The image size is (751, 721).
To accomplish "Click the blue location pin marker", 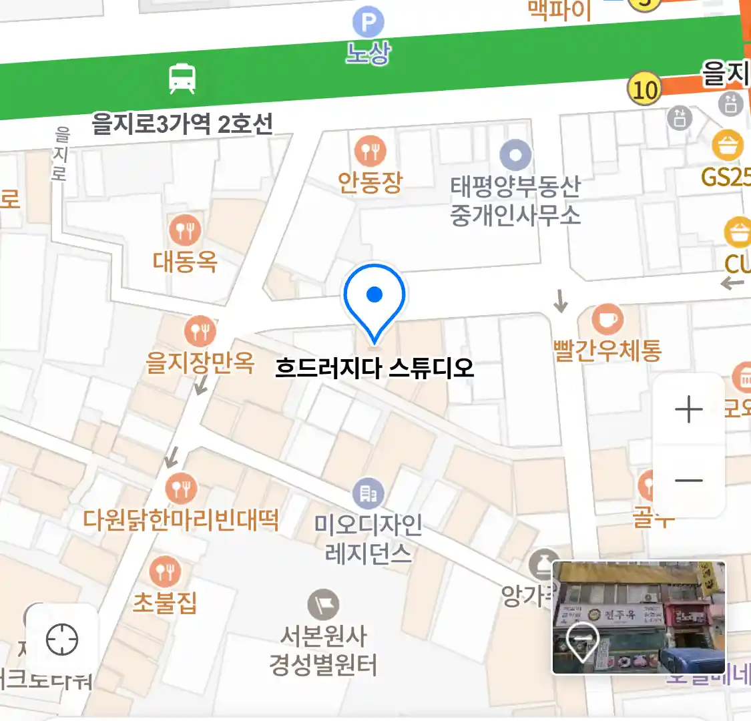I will tap(374, 298).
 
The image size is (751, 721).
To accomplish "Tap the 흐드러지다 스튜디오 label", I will tap(374, 368).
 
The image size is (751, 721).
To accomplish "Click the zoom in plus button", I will tap(688, 409).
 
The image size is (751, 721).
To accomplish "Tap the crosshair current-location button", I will tap(62, 640).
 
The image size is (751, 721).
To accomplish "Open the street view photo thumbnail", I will tap(639, 618).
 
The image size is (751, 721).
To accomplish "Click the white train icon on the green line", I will tap(182, 79).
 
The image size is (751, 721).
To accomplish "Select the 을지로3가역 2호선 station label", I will tap(182, 124).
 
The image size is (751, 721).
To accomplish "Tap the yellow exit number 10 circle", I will tap(644, 89).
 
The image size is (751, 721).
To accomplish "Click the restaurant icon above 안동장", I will tap(370, 152).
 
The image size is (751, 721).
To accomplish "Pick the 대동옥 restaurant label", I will tap(185, 261).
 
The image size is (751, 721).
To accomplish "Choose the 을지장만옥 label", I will tap(200, 363).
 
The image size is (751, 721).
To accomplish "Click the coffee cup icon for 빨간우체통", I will tap(607, 319).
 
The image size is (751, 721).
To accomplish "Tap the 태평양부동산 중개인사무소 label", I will tap(515, 200).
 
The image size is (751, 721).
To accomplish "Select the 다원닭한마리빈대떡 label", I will tap(181, 519).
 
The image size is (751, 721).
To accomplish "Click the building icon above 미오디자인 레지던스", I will tap(368, 493).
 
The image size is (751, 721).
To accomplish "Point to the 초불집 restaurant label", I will tap(165, 602).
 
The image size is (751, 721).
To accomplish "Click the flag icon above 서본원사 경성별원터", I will tap(323, 605).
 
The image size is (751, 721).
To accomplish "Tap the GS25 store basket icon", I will tap(728, 144).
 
